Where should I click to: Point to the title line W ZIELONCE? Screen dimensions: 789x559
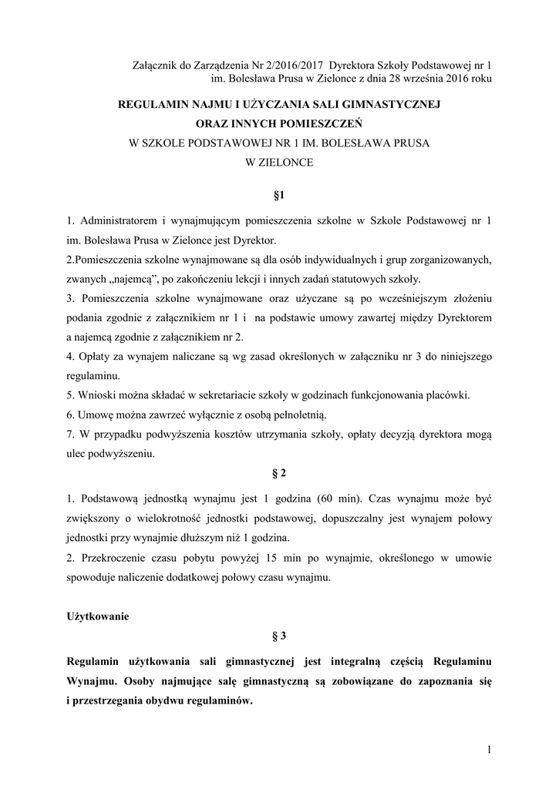point(279,163)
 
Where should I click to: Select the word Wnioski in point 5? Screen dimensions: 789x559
point(96,395)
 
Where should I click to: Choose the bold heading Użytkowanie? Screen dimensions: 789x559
point(98,616)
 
